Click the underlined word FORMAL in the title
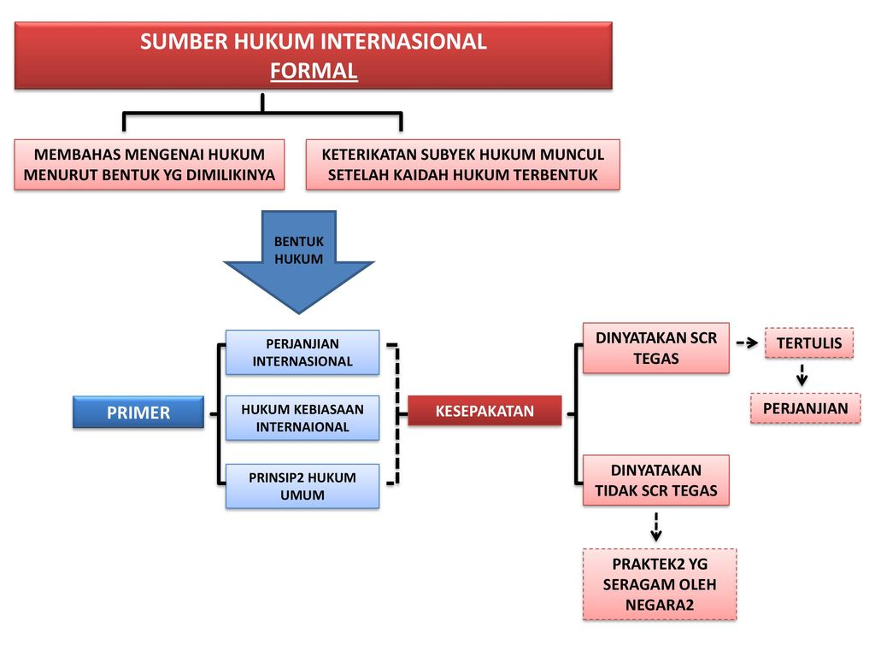(314, 71)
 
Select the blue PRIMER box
(138, 413)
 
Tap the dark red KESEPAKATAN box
(484, 411)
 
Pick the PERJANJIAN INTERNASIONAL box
(302, 352)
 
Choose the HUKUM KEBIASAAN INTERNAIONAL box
(302, 418)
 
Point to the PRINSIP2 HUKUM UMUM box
(302, 486)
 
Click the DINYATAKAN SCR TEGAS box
(656, 348)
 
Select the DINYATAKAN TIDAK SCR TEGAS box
(656, 480)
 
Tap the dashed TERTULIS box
(808, 343)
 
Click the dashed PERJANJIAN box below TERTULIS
(805, 408)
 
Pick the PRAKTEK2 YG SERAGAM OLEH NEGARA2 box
(659, 584)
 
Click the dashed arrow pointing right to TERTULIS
(748, 343)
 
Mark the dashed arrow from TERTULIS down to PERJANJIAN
(802, 375)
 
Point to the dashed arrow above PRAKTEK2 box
(656, 527)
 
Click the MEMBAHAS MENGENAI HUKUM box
(150, 165)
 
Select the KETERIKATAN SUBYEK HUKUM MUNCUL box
(462, 165)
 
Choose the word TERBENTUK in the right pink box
(556, 176)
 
